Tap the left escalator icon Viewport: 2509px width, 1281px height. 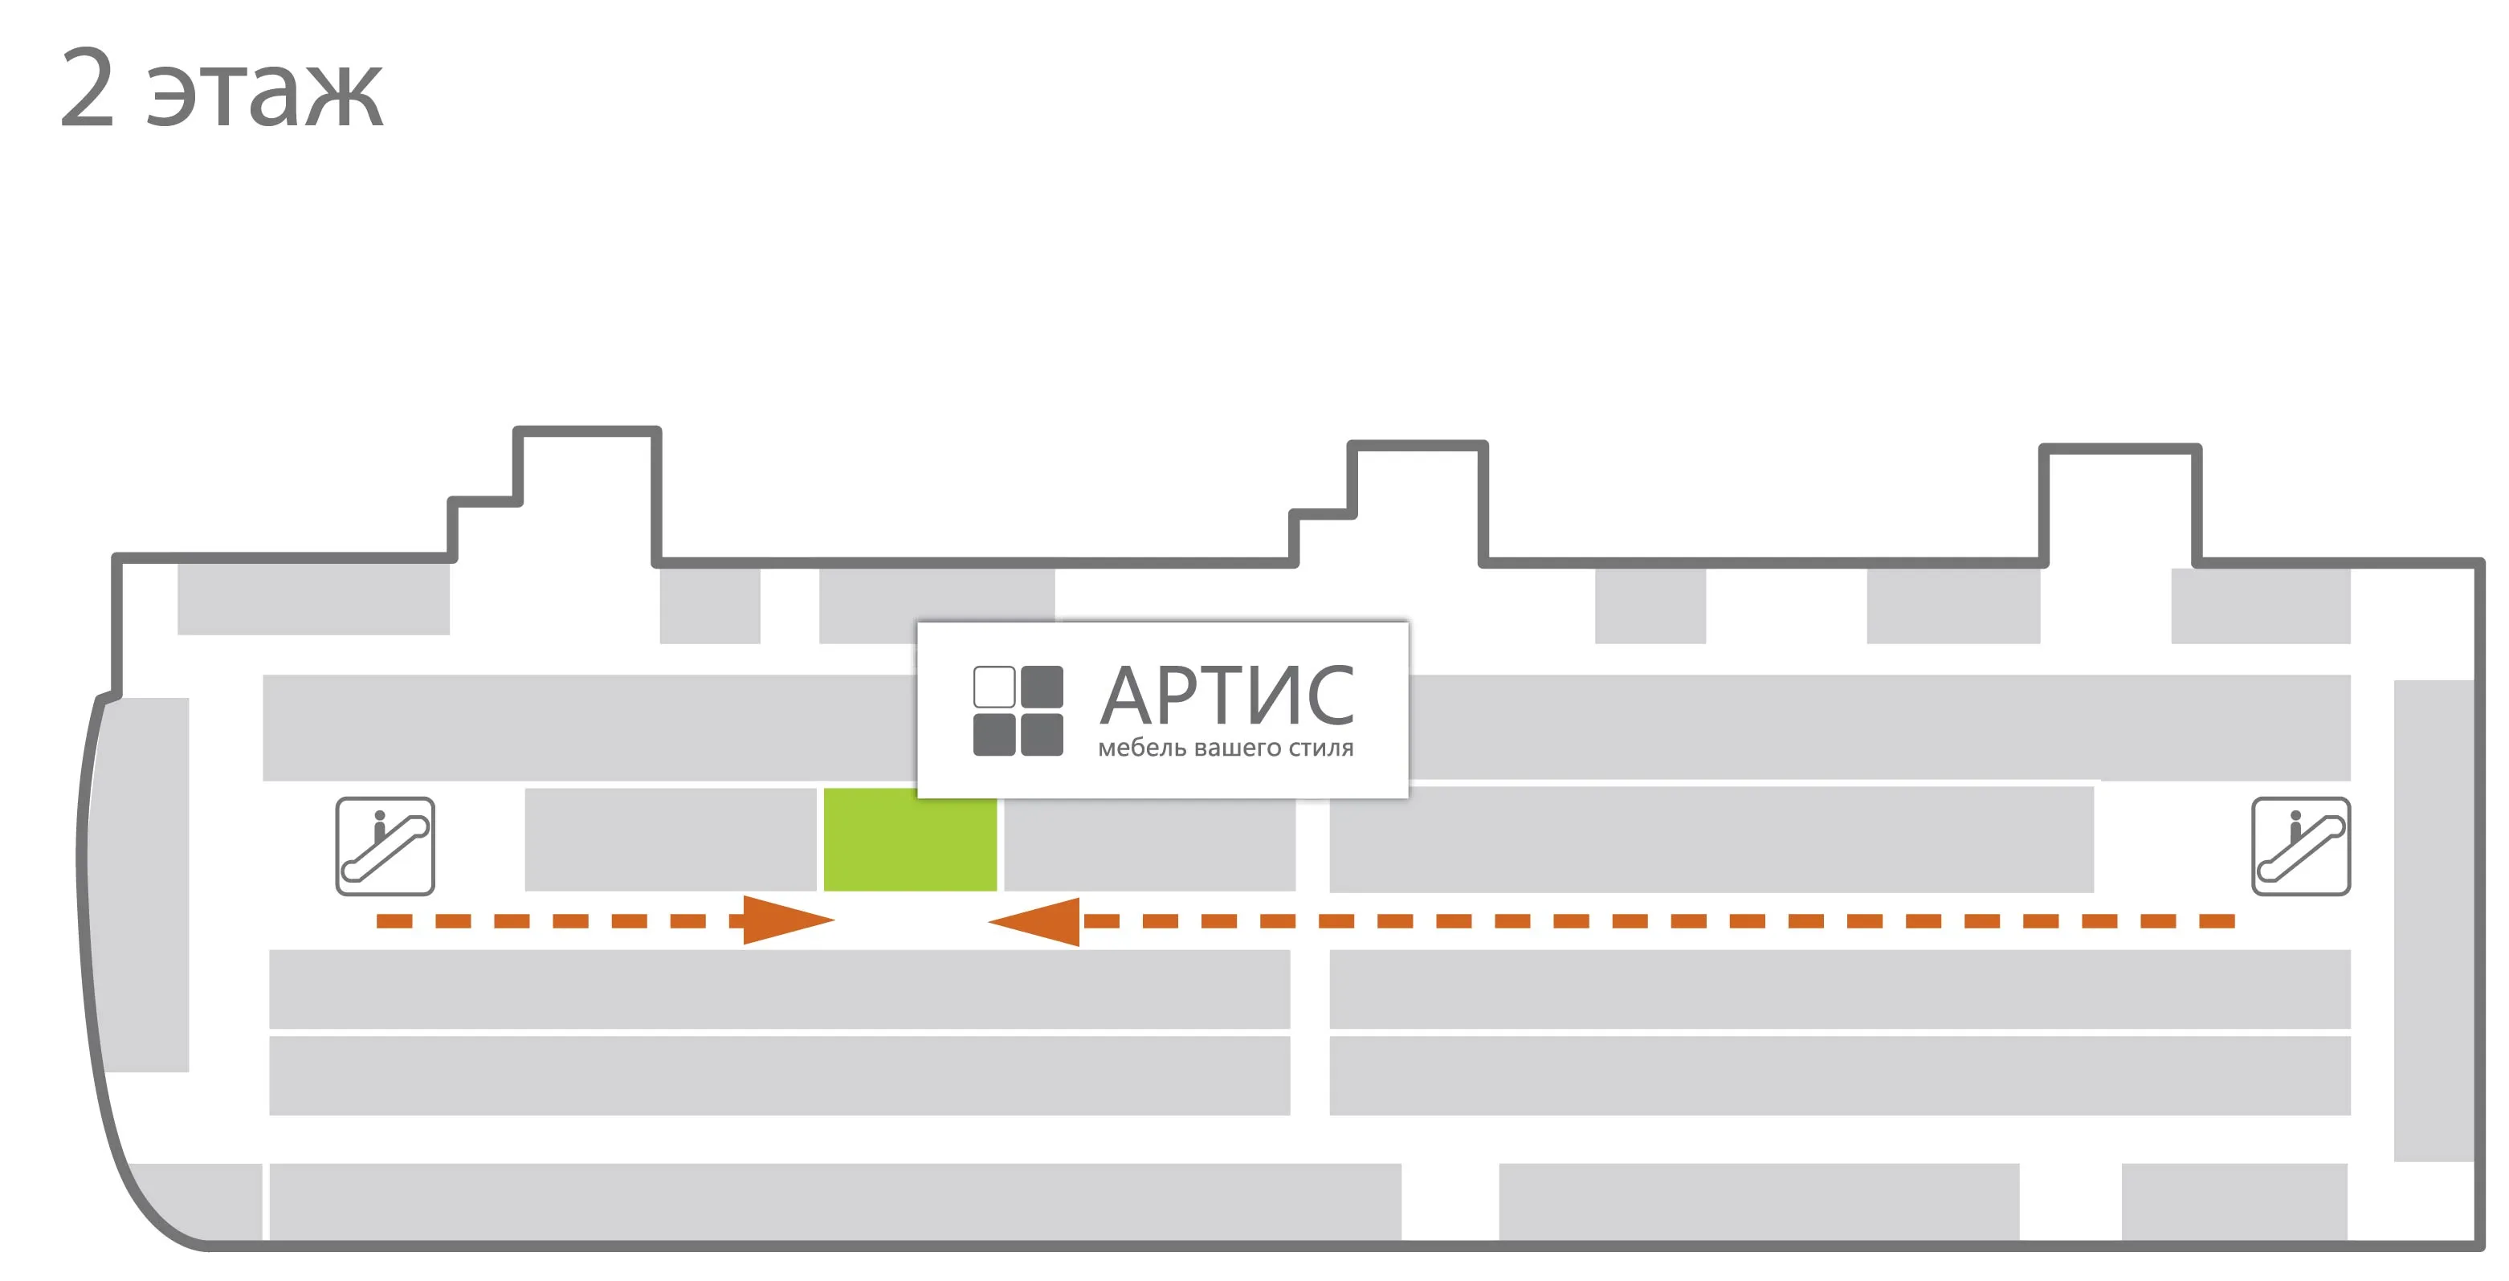click(x=385, y=846)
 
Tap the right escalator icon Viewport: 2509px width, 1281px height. click(x=2300, y=846)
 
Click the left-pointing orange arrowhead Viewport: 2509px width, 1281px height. click(x=1034, y=921)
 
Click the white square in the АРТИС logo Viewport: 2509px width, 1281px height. click(x=993, y=687)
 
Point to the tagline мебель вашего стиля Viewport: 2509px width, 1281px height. click(x=1226, y=749)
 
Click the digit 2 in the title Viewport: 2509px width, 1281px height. click(x=88, y=88)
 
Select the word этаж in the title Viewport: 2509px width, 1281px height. click(x=265, y=96)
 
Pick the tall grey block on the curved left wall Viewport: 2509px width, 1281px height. click(x=144, y=884)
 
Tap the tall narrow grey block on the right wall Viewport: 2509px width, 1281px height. click(x=2433, y=920)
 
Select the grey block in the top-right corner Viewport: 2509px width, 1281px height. click(x=2261, y=606)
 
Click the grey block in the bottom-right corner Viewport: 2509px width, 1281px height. click(x=2234, y=1201)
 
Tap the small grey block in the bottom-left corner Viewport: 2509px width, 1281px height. click(x=195, y=1201)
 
